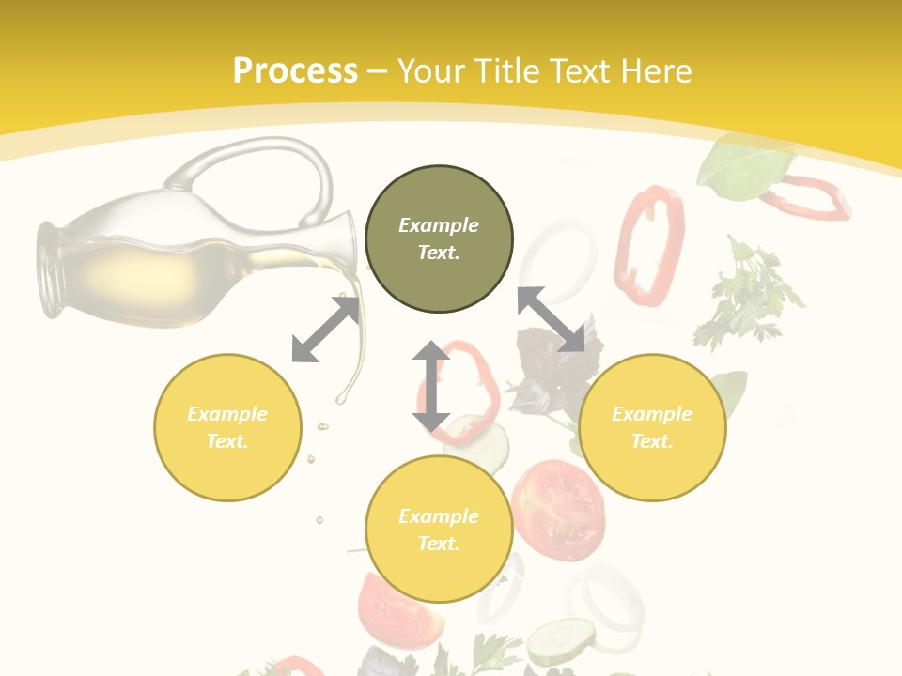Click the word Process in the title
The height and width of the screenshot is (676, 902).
tap(295, 71)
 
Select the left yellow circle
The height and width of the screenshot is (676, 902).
tap(227, 427)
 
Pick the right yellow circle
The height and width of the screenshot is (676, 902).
tap(652, 427)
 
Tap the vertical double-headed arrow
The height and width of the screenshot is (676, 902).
tap(431, 386)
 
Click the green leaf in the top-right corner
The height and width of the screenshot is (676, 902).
tap(742, 164)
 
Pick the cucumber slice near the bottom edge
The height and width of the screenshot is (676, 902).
tap(560, 641)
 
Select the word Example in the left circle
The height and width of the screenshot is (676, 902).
tap(227, 414)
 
